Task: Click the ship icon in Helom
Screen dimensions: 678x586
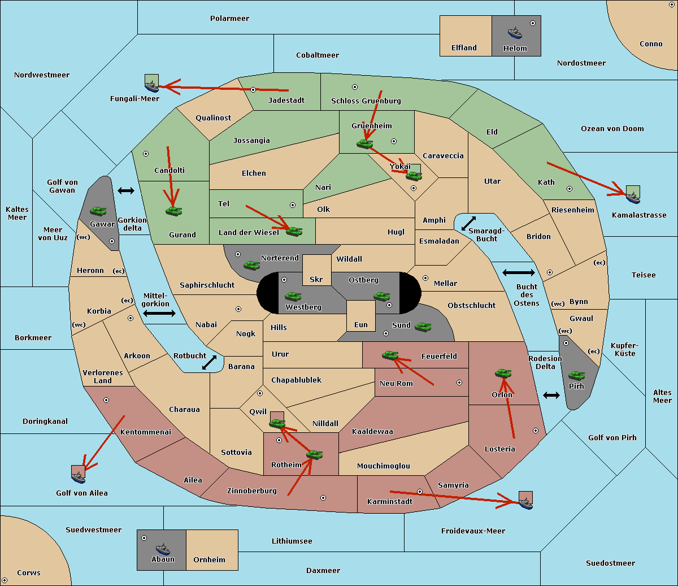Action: point(515,33)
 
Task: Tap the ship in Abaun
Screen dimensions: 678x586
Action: point(163,549)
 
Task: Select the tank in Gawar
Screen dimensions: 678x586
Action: point(98,211)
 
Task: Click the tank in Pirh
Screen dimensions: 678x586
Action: point(576,375)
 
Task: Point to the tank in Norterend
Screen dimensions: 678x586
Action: point(251,265)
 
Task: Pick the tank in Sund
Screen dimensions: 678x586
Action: point(423,327)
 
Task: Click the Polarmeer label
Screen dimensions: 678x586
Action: point(229,19)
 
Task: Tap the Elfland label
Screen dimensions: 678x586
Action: point(464,48)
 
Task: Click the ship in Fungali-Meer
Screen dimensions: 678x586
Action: point(151,86)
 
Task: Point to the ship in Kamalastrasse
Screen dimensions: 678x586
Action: point(633,198)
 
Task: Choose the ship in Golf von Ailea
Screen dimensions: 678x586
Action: point(79,477)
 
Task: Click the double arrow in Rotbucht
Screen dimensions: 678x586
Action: point(209,362)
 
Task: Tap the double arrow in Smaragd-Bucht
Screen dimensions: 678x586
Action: point(468,223)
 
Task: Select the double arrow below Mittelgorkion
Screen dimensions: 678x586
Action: point(159,313)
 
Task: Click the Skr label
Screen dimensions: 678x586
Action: point(316,279)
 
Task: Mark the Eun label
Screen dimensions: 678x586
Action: point(361,324)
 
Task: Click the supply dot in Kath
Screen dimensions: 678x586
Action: point(570,189)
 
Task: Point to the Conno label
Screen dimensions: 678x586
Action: point(651,44)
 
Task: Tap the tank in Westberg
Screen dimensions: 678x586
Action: point(293,296)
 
